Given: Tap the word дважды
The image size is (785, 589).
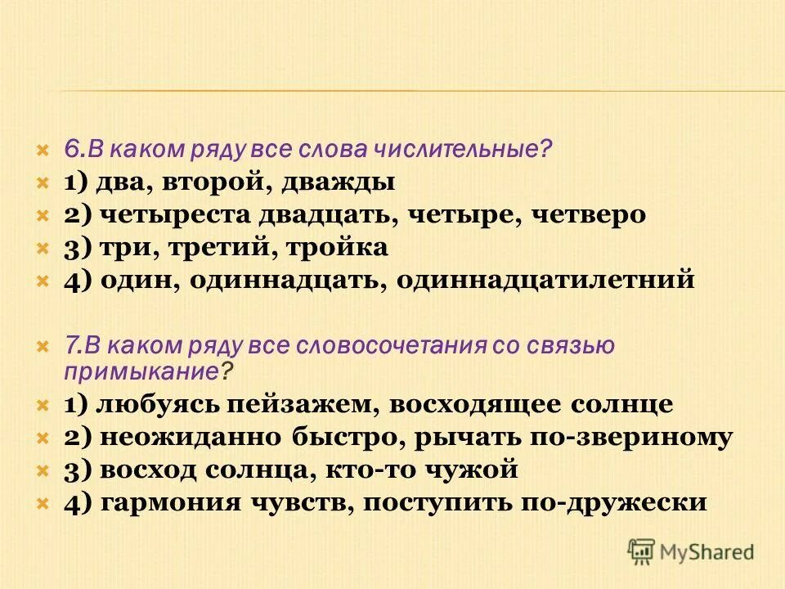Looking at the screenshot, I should [339, 182].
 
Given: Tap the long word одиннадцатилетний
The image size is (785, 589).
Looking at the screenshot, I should [545, 280].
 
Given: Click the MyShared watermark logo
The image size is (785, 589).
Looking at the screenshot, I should [691, 550].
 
